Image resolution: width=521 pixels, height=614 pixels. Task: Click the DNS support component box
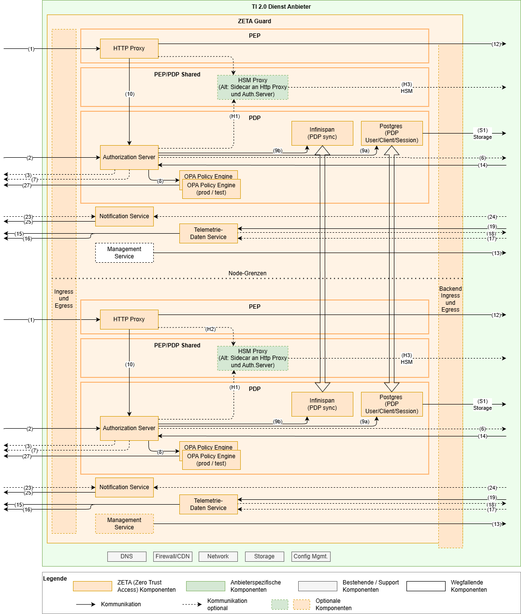pos(127,556)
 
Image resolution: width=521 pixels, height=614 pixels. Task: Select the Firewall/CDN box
pos(173,556)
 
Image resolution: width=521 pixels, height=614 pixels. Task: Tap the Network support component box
pos(218,556)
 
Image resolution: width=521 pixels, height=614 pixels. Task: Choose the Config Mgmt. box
pos(311,556)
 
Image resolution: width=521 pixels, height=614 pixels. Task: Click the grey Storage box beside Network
pos(264,556)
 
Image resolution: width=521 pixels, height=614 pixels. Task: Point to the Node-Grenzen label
pos(247,273)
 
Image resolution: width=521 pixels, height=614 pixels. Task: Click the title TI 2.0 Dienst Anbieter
pos(281,7)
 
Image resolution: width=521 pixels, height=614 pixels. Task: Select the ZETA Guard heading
pos(255,21)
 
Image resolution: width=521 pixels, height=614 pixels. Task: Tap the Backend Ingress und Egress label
pos(450,299)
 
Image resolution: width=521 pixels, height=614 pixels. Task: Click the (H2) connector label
pos(210,329)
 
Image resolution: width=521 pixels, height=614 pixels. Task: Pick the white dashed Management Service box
pos(124,253)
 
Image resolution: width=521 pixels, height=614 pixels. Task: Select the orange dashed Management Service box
pos(124,524)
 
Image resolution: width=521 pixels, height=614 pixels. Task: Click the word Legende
pos(55,579)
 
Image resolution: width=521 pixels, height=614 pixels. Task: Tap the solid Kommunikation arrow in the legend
pos(86,604)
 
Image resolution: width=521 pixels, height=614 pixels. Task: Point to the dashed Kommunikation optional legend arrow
pos(192,604)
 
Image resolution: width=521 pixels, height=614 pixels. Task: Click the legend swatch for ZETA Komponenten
pos(92,586)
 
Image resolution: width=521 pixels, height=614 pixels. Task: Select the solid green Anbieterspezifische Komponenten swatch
pos(205,586)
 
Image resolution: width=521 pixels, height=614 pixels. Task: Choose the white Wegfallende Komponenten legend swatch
pos(426,586)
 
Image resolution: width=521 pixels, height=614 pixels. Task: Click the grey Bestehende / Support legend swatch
pos(318,586)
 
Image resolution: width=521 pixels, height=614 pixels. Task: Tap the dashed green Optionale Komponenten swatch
pos(280,604)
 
